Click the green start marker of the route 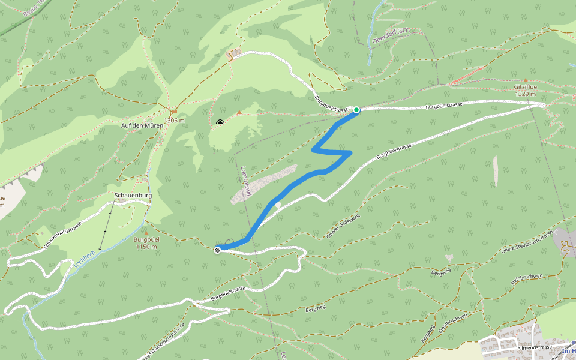pyautogui.click(x=356, y=110)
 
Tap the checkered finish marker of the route pyautogui.click(x=217, y=250)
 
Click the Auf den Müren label pyautogui.click(x=142, y=125)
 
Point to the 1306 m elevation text pyautogui.click(x=173, y=121)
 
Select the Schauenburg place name pyautogui.click(x=133, y=196)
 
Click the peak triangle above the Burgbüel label pyautogui.click(x=146, y=232)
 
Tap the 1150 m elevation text pyautogui.click(x=146, y=247)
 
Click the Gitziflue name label pyautogui.click(x=525, y=87)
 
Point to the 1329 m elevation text pyautogui.click(x=525, y=94)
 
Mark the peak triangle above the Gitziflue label pyautogui.click(x=526, y=80)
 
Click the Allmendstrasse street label pyautogui.click(x=534, y=347)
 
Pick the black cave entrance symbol pyautogui.click(x=220, y=124)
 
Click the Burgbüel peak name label pyautogui.click(x=146, y=239)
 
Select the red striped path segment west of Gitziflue pyautogui.click(x=467, y=76)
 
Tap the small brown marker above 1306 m pyautogui.click(x=173, y=111)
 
